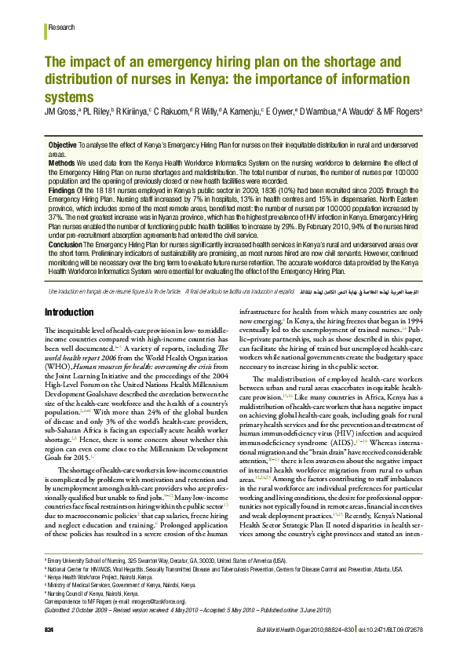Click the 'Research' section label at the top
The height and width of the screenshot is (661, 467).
(62, 27)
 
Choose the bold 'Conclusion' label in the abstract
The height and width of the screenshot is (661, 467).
(65, 245)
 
